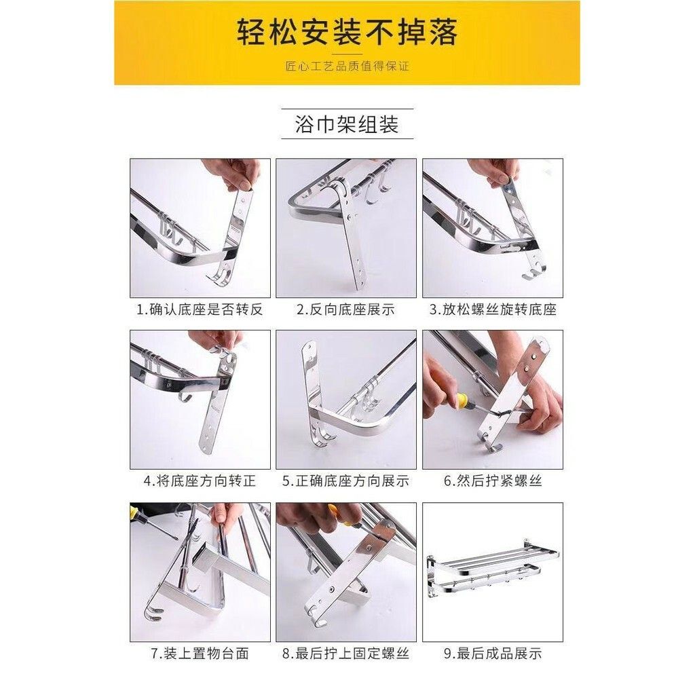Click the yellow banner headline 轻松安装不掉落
click(x=347, y=32)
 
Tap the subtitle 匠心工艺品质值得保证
click(x=347, y=67)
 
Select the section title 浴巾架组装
click(x=347, y=124)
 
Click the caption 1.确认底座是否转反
click(x=200, y=309)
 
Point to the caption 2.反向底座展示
click(x=345, y=309)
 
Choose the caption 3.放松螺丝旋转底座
click(x=493, y=309)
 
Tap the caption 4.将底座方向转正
click(x=200, y=481)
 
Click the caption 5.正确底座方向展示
click(x=345, y=481)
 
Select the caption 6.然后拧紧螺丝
click(x=493, y=481)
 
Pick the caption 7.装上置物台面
click(x=200, y=654)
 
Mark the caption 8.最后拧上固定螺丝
click(x=345, y=654)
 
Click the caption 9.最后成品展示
click(x=493, y=654)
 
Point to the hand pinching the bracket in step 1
click(x=233, y=174)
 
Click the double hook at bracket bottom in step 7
click(x=153, y=612)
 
